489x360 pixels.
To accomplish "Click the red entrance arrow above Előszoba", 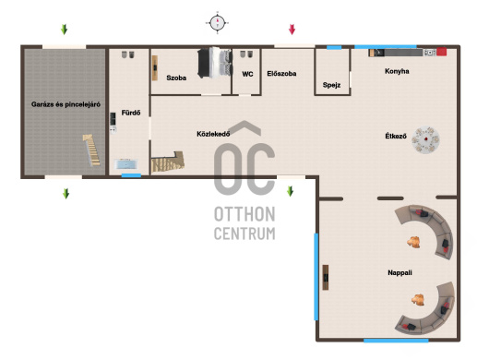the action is [292, 30].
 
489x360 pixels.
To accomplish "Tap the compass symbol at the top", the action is [218, 23].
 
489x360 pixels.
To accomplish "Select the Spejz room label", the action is [331, 85].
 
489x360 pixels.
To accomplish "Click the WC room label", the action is [247, 74].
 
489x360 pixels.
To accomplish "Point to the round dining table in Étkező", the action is [425, 139].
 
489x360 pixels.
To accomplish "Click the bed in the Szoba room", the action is [215, 63].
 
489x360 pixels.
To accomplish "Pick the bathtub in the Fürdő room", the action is [126, 163].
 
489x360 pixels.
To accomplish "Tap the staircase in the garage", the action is [92, 150].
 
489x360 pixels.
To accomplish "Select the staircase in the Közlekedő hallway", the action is [168, 162].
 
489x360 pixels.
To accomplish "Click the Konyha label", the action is [397, 71].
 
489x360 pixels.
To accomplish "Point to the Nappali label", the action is [400, 272].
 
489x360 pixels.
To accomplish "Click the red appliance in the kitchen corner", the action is [441, 52].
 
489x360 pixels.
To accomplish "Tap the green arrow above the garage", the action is [64, 30].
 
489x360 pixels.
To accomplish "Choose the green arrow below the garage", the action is [66, 194].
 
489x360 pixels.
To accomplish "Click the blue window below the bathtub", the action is [131, 175].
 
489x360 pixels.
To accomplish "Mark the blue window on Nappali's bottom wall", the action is [396, 341].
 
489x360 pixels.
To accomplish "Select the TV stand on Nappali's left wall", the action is [326, 277].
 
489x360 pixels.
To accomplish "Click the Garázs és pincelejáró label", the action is [66, 104].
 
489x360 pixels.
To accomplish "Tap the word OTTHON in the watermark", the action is [244, 214].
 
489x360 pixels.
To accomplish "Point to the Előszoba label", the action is [281, 74].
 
